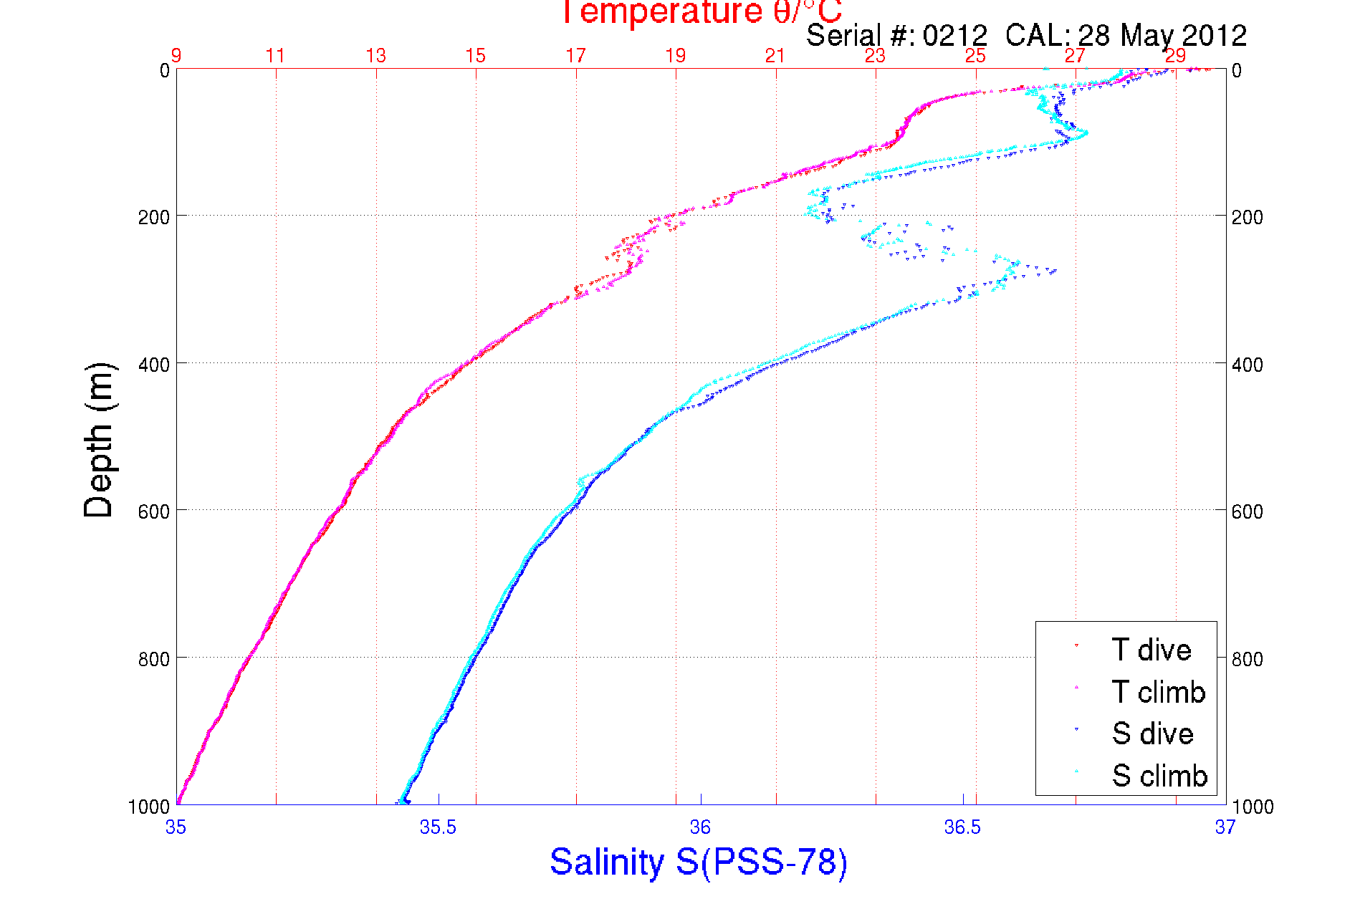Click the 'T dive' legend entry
tap(1151, 650)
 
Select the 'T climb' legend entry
tap(1158, 692)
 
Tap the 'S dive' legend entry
tap(1152, 734)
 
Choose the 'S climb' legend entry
tap(1159, 776)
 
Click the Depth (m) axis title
tap(99, 440)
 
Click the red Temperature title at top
tap(701, 12)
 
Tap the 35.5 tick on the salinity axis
tap(438, 827)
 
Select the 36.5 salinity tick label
tap(962, 827)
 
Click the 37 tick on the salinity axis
tap(1225, 827)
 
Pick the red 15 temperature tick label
tap(475, 56)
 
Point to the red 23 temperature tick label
tap(875, 56)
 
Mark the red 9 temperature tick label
tap(176, 56)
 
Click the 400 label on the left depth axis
tap(153, 365)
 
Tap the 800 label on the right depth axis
tap(1247, 659)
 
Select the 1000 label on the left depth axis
tap(149, 807)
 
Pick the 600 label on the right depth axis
tap(1247, 511)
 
